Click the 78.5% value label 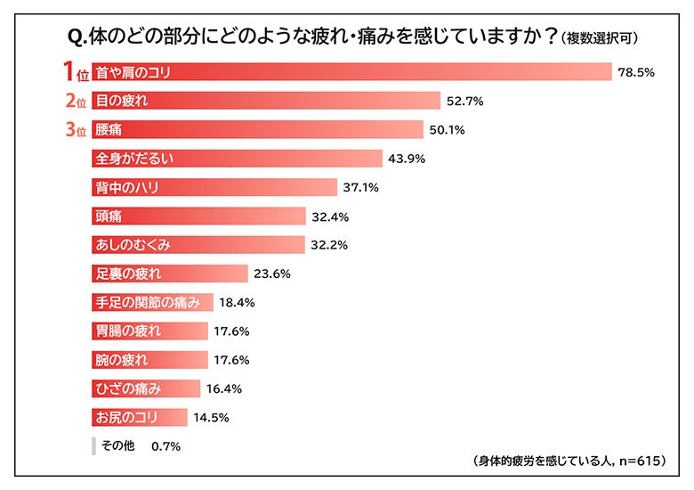tap(636, 73)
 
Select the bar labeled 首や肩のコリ tap(351, 72)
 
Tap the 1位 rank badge tap(74, 71)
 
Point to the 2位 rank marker tap(74, 101)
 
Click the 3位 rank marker tap(74, 130)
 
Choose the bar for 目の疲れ tap(266, 101)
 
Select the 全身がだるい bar tap(238, 159)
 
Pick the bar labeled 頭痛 tap(200, 216)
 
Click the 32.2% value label tap(328, 245)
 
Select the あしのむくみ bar tap(199, 245)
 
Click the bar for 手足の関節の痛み tap(153, 302)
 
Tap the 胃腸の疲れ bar tap(150, 331)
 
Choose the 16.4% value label tap(224, 388)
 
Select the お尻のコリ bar tap(140, 417)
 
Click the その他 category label tap(116, 445)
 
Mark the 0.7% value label tap(166, 446)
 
